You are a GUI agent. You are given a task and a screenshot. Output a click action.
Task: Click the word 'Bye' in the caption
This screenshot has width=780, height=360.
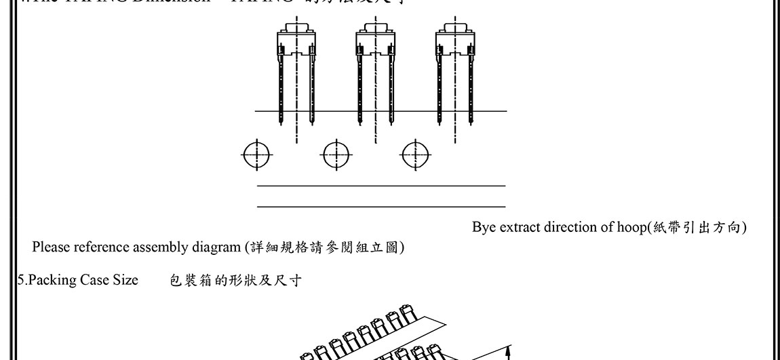[x=484, y=227]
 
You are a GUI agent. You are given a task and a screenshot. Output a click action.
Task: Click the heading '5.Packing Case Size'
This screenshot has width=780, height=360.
[x=77, y=280]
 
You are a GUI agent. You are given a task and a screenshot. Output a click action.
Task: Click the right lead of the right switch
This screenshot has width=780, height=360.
[x=470, y=88]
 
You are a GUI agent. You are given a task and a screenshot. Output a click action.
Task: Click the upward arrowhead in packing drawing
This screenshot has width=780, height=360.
[x=508, y=351]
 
